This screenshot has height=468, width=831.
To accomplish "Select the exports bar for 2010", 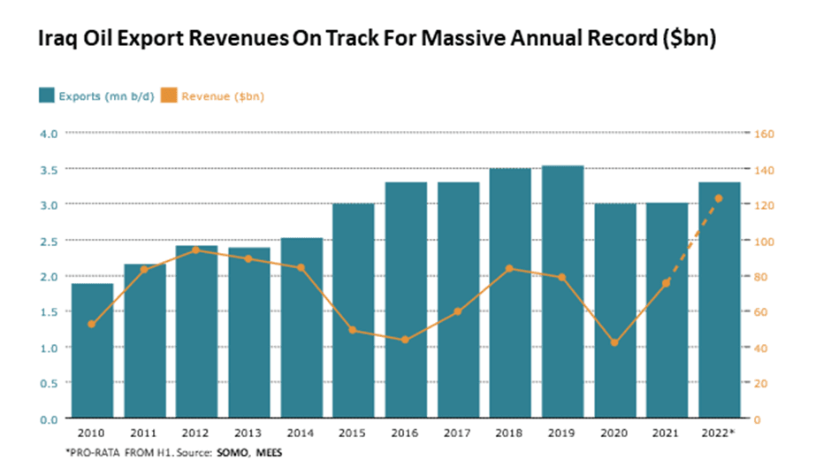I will (92, 350).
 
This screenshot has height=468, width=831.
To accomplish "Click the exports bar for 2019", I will (562, 292).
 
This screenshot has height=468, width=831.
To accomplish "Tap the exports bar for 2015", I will (354, 311).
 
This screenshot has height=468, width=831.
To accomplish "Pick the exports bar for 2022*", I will (719, 301).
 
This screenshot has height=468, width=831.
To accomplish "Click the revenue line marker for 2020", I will (614, 342).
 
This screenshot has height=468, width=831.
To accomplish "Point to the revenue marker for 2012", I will (196, 250).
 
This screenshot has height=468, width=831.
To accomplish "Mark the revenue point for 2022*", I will (719, 198).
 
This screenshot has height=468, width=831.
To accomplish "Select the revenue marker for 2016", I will (405, 340).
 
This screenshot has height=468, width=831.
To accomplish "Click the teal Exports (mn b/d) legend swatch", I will (46, 96).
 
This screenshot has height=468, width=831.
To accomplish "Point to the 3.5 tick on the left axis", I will (49, 169).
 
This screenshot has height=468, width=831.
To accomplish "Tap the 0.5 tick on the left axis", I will (49, 383).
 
